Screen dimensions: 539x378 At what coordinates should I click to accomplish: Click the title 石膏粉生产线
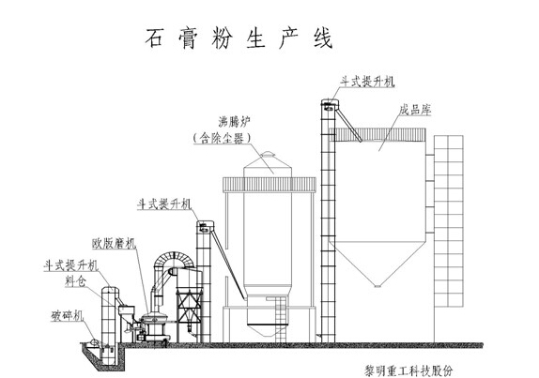coord(239,38)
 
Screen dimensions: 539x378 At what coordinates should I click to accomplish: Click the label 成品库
coord(415,110)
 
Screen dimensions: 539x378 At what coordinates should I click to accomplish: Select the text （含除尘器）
coord(222,138)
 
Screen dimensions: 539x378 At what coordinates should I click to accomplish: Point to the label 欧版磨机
coord(115,244)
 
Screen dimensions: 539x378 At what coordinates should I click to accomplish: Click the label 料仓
coord(75,281)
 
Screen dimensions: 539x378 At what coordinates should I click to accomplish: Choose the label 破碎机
coord(68,316)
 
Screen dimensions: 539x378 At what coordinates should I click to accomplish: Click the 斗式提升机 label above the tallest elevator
coord(367,82)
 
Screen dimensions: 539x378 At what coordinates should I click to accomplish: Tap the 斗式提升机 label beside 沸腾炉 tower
coord(164,204)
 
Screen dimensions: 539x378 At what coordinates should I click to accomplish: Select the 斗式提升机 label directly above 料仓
coord(71,265)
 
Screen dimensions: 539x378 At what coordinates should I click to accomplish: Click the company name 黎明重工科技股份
coord(408,371)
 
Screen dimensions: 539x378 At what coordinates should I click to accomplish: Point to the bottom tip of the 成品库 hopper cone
coord(377,286)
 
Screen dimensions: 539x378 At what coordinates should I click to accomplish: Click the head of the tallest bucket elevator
coord(330,105)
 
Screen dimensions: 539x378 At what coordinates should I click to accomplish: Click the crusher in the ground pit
coord(94,342)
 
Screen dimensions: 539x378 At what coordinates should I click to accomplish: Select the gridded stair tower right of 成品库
coord(449,221)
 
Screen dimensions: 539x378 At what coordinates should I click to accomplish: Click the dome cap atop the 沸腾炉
coord(268,154)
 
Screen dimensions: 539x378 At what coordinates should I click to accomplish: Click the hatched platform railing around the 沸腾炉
coord(269,185)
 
